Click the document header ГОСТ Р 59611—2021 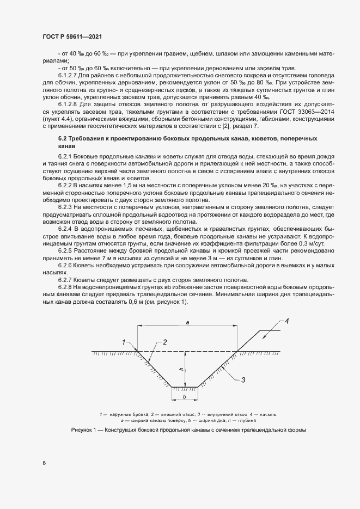click(x=72, y=36)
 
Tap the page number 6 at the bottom click(x=44, y=463)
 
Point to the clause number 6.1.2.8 click(x=68, y=103)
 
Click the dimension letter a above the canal click(x=187, y=323)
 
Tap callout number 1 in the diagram click(x=124, y=342)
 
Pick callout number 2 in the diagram click(x=164, y=342)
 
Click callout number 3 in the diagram click(x=243, y=379)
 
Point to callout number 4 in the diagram click(x=287, y=320)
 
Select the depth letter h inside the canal click(x=181, y=369)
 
